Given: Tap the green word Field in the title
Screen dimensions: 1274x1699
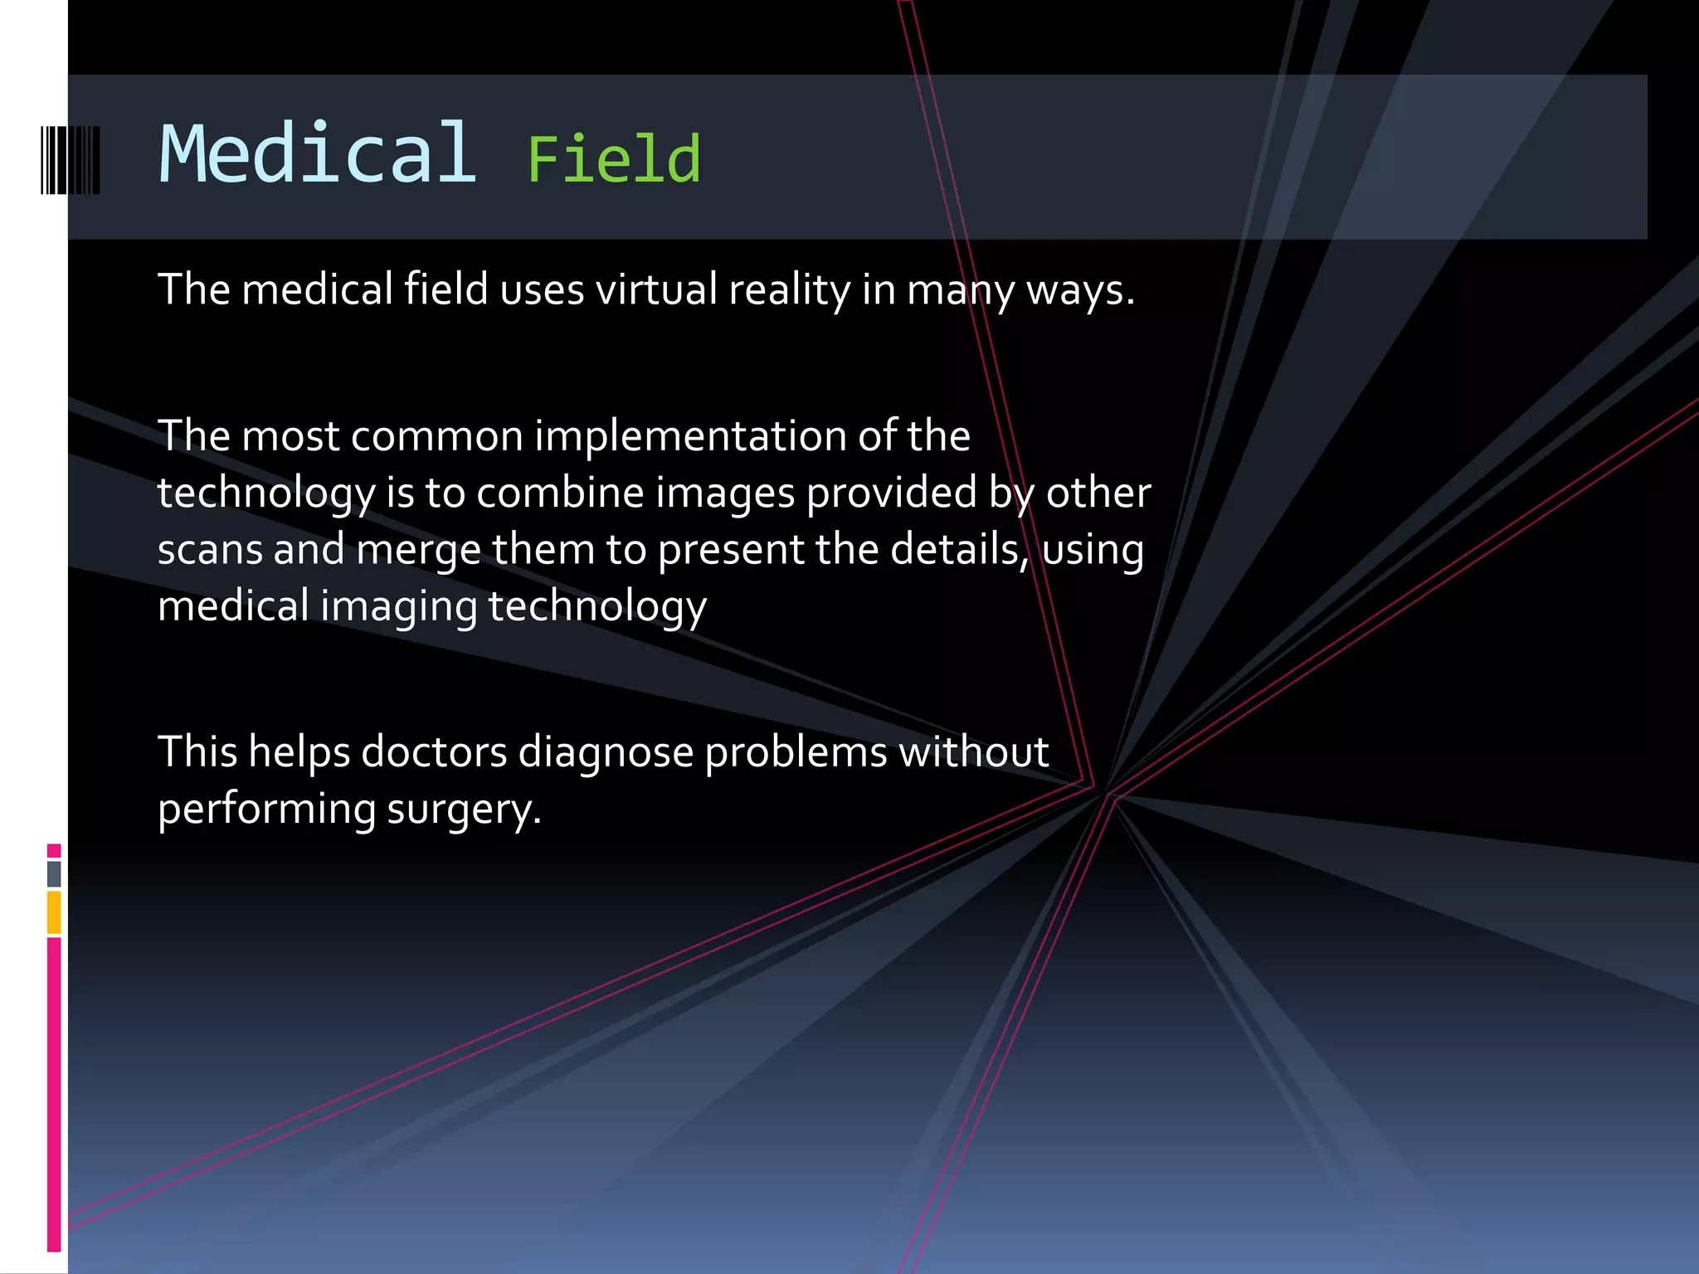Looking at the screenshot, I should click(x=613, y=160).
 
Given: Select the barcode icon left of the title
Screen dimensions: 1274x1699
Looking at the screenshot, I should click(x=71, y=160).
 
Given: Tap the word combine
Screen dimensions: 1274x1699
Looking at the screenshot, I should click(x=560, y=493).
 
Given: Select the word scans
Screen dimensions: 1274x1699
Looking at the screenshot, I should click(x=209, y=550).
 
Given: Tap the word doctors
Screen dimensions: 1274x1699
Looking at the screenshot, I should click(x=434, y=752).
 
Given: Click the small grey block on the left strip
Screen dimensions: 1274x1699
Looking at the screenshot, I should click(x=54, y=873).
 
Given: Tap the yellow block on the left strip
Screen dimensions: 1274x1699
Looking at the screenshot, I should click(x=54, y=912).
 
